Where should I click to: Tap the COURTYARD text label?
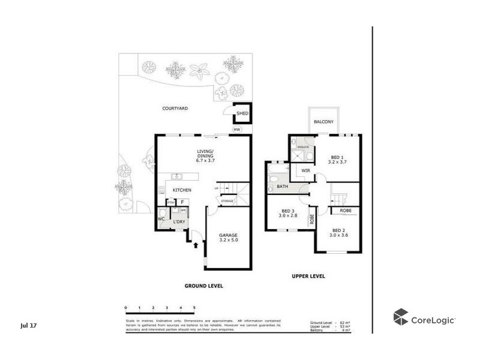tap(175, 109)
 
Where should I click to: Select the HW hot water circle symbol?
tap(237, 129)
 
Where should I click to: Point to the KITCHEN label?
tap(182, 190)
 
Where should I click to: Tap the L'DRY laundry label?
tap(179, 223)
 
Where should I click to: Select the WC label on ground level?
tap(161, 219)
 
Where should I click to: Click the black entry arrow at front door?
tap(195, 245)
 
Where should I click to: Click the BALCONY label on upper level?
tap(324, 122)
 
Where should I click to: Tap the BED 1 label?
tap(337, 158)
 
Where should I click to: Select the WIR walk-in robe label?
tap(305, 171)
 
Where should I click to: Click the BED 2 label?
tap(338, 233)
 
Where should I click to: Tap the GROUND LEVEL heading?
tap(203, 286)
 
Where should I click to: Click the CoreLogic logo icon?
tap(401, 317)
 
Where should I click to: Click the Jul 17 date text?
tap(28, 325)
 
